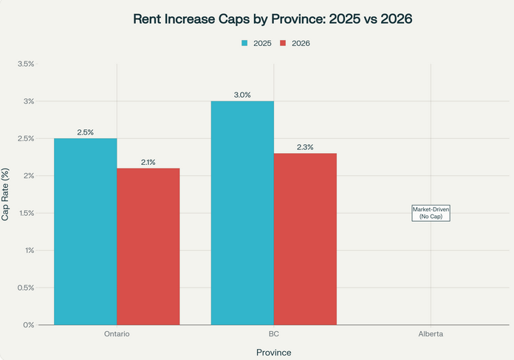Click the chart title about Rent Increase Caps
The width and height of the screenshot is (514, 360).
pos(273,18)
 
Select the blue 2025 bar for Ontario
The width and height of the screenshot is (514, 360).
pos(85,231)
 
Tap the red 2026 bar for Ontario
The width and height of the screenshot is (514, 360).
pos(148,246)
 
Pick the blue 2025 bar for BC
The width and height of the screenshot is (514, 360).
pos(242,213)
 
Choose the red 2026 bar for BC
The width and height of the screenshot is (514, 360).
pos(305,239)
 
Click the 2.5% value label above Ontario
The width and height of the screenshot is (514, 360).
pos(85,132)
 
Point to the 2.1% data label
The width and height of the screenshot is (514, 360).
pos(148,162)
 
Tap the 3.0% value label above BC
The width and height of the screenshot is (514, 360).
pos(242,95)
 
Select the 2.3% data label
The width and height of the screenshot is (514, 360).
pos(305,147)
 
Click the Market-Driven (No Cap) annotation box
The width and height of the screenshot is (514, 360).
pos(431,213)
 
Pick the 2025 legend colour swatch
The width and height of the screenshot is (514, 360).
pos(245,44)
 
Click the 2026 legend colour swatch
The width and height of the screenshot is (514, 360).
pos(284,44)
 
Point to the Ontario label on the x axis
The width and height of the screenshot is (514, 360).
pos(117,334)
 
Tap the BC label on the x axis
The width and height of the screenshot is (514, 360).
pos(273,334)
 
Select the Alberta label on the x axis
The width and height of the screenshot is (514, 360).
pos(431,334)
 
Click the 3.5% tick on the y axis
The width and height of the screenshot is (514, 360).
pos(24,64)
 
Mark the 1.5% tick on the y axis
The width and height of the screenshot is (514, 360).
pos(24,213)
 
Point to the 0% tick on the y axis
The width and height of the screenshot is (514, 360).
pos(28,325)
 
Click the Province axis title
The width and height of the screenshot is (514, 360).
pos(273,352)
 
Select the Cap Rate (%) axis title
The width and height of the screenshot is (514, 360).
pos(6,194)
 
